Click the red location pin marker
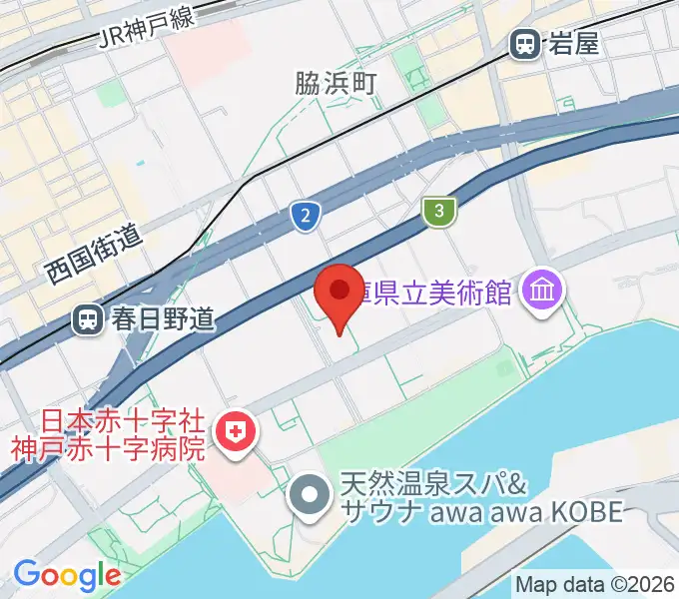click(339, 293)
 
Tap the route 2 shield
click(307, 215)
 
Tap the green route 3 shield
click(438, 212)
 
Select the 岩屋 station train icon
click(522, 43)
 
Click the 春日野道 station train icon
click(89, 319)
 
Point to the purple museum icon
click(545, 292)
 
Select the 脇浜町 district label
click(335, 84)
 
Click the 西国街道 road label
click(96, 256)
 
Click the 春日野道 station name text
click(162, 319)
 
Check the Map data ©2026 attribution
click(595, 584)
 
